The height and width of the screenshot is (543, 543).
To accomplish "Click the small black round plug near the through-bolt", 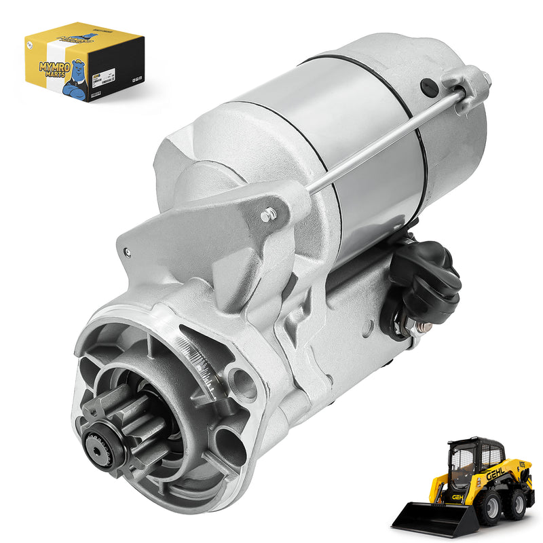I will click(x=428, y=87).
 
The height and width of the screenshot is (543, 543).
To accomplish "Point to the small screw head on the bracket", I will click(x=268, y=215).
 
